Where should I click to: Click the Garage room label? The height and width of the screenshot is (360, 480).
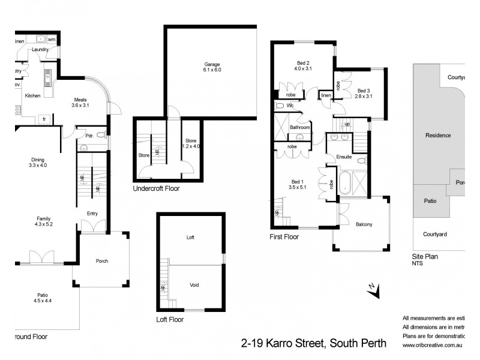212,64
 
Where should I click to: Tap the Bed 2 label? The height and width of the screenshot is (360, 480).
303,63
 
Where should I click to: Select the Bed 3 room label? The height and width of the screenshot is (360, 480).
363,90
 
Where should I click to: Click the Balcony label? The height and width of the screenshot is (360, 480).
364,225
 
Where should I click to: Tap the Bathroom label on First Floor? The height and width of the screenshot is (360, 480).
300,128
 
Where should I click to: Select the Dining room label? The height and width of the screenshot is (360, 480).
38,160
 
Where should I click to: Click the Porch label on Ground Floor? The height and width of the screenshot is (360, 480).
102,261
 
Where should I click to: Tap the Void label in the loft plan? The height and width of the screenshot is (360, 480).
194,285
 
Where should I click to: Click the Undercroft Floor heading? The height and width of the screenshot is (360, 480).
156,188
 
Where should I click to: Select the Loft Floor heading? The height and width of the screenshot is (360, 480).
170,320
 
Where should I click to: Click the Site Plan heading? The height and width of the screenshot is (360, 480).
425,256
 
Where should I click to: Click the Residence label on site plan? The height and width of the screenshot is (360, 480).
438,136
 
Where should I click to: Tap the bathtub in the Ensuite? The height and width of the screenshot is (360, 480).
345,183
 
